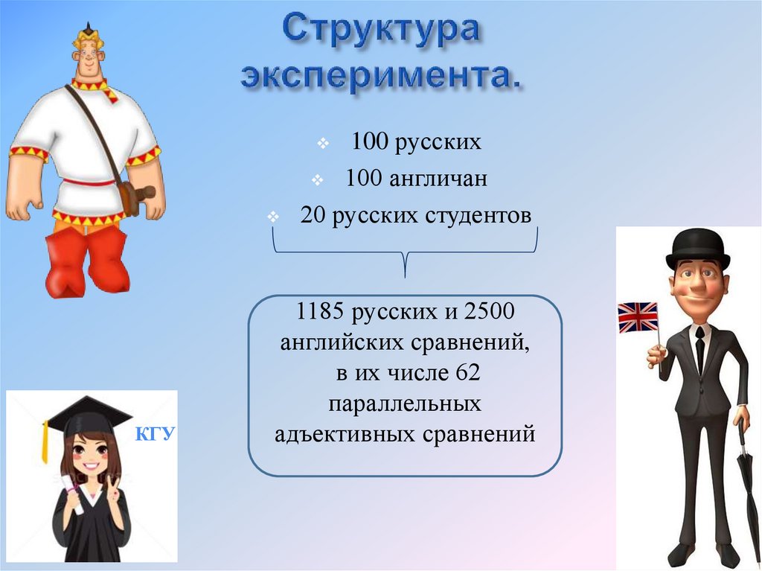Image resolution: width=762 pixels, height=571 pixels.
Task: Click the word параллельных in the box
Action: (405, 403)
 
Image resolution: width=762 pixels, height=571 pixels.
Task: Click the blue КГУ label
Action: (154, 435)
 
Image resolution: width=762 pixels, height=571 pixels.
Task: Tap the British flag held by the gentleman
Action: (638, 317)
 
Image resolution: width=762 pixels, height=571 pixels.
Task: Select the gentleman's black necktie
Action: (699, 349)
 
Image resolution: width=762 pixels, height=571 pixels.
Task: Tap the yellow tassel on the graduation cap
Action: (46, 441)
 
